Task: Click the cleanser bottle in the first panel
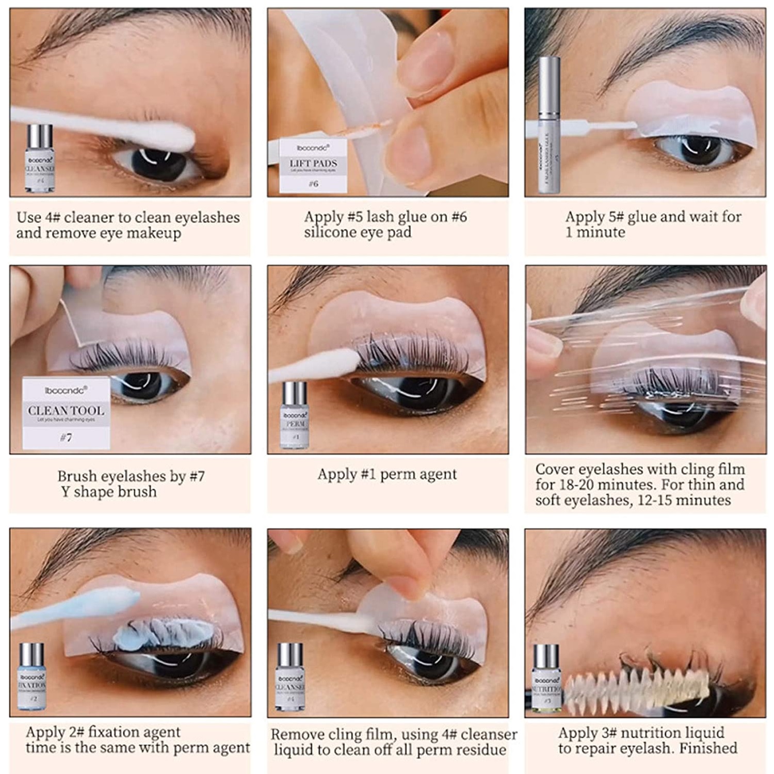[x=40, y=159]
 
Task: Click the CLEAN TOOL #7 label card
[x=66, y=413]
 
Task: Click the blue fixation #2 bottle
[x=32, y=676]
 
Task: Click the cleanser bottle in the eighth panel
[x=289, y=678]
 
